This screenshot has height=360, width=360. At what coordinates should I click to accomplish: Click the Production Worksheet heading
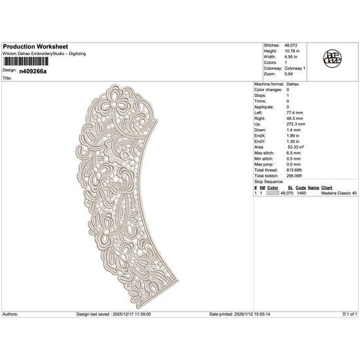coord(35,46)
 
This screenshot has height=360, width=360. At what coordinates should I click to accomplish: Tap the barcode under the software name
coord(26,62)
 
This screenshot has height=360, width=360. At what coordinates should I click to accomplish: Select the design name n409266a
coord(33,71)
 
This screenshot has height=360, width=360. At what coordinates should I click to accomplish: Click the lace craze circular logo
coord(333,58)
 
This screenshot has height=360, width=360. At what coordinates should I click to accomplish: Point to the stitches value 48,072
coord(291,45)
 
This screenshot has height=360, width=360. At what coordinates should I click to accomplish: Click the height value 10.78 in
coord(292,51)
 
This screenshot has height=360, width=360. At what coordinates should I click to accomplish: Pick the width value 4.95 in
coord(291,57)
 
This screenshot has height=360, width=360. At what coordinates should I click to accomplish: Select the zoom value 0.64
coord(289,74)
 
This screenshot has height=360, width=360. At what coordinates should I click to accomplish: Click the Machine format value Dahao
coord(293,84)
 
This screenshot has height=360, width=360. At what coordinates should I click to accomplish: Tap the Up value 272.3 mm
coord(296,124)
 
